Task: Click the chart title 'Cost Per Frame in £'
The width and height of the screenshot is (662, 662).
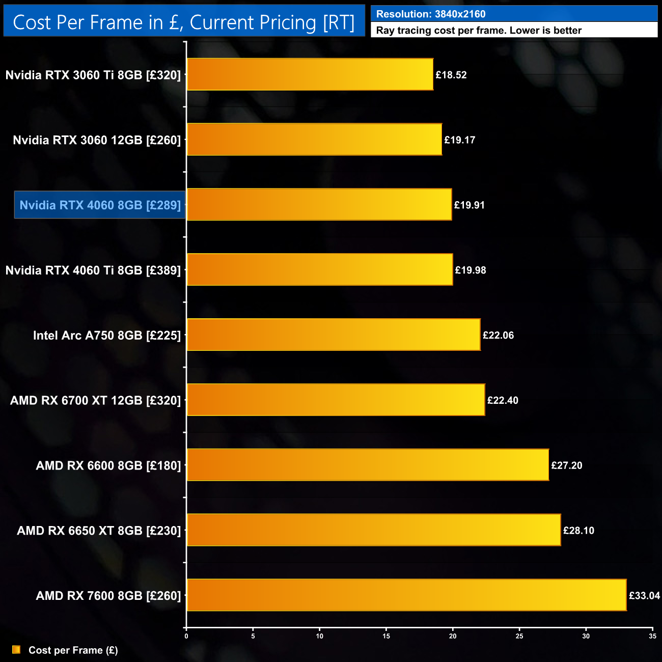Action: click(183, 22)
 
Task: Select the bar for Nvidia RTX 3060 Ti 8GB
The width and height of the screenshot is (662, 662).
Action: click(310, 74)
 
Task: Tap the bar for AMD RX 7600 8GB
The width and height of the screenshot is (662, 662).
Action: click(406, 595)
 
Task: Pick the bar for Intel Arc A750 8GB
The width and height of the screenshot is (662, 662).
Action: click(334, 335)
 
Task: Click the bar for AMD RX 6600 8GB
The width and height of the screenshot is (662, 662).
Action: click(368, 464)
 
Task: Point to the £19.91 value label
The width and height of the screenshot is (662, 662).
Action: click(469, 205)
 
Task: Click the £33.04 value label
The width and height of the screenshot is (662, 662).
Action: click(644, 596)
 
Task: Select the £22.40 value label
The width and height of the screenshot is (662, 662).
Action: click(503, 400)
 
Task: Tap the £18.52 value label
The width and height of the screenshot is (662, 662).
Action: click(451, 75)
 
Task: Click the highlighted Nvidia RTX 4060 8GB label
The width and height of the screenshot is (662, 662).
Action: click(100, 205)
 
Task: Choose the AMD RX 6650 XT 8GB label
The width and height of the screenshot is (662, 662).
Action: click(99, 531)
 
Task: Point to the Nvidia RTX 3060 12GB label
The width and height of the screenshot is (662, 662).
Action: click(97, 140)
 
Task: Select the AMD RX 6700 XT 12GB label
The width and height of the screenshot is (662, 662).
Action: click(95, 401)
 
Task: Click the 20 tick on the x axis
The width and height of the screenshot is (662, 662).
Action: click(453, 636)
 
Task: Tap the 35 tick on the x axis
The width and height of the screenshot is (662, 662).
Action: click(652, 636)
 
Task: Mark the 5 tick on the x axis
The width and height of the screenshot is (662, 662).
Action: click(253, 636)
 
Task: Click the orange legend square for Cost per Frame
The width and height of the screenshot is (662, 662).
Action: click(16, 650)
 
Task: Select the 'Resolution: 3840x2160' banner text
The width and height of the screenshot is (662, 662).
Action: click(431, 14)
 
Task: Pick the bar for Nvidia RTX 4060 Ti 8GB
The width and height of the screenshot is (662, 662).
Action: click(320, 269)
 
